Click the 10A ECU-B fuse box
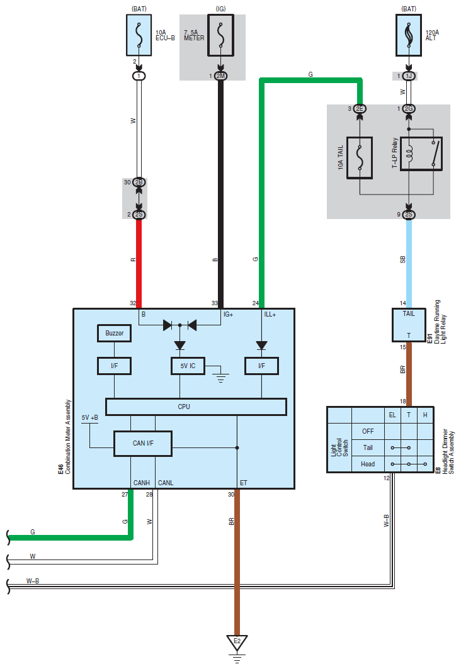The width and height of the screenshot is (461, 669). click(139, 35)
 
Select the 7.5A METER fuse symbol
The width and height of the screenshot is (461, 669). click(220, 35)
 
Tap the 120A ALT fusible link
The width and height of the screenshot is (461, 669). click(409, 35)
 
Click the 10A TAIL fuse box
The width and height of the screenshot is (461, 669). click(360, 157)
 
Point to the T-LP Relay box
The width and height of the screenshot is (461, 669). click(421, 154)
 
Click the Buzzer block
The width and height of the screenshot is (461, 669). click(115, 333)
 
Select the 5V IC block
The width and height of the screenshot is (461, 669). click(188, 366)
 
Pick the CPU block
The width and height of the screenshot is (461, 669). click(196, 407)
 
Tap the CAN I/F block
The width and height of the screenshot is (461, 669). click(143, 443)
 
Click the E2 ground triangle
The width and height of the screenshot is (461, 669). click(237, 643)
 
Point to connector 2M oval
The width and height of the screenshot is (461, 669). click(220, 76)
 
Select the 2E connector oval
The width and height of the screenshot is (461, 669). click(360, 109)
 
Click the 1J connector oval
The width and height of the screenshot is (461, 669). click(409, 76)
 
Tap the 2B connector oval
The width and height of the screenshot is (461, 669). click(139, 182)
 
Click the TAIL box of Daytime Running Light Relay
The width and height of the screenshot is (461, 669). click(409, 325)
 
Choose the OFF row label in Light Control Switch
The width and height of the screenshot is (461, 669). click(368, 431)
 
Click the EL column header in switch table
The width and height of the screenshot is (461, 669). click(392, 415)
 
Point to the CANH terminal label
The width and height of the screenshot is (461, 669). click(141, 483)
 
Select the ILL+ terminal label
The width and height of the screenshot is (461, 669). click(270, 315)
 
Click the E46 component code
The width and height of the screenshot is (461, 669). click(60, 469)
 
